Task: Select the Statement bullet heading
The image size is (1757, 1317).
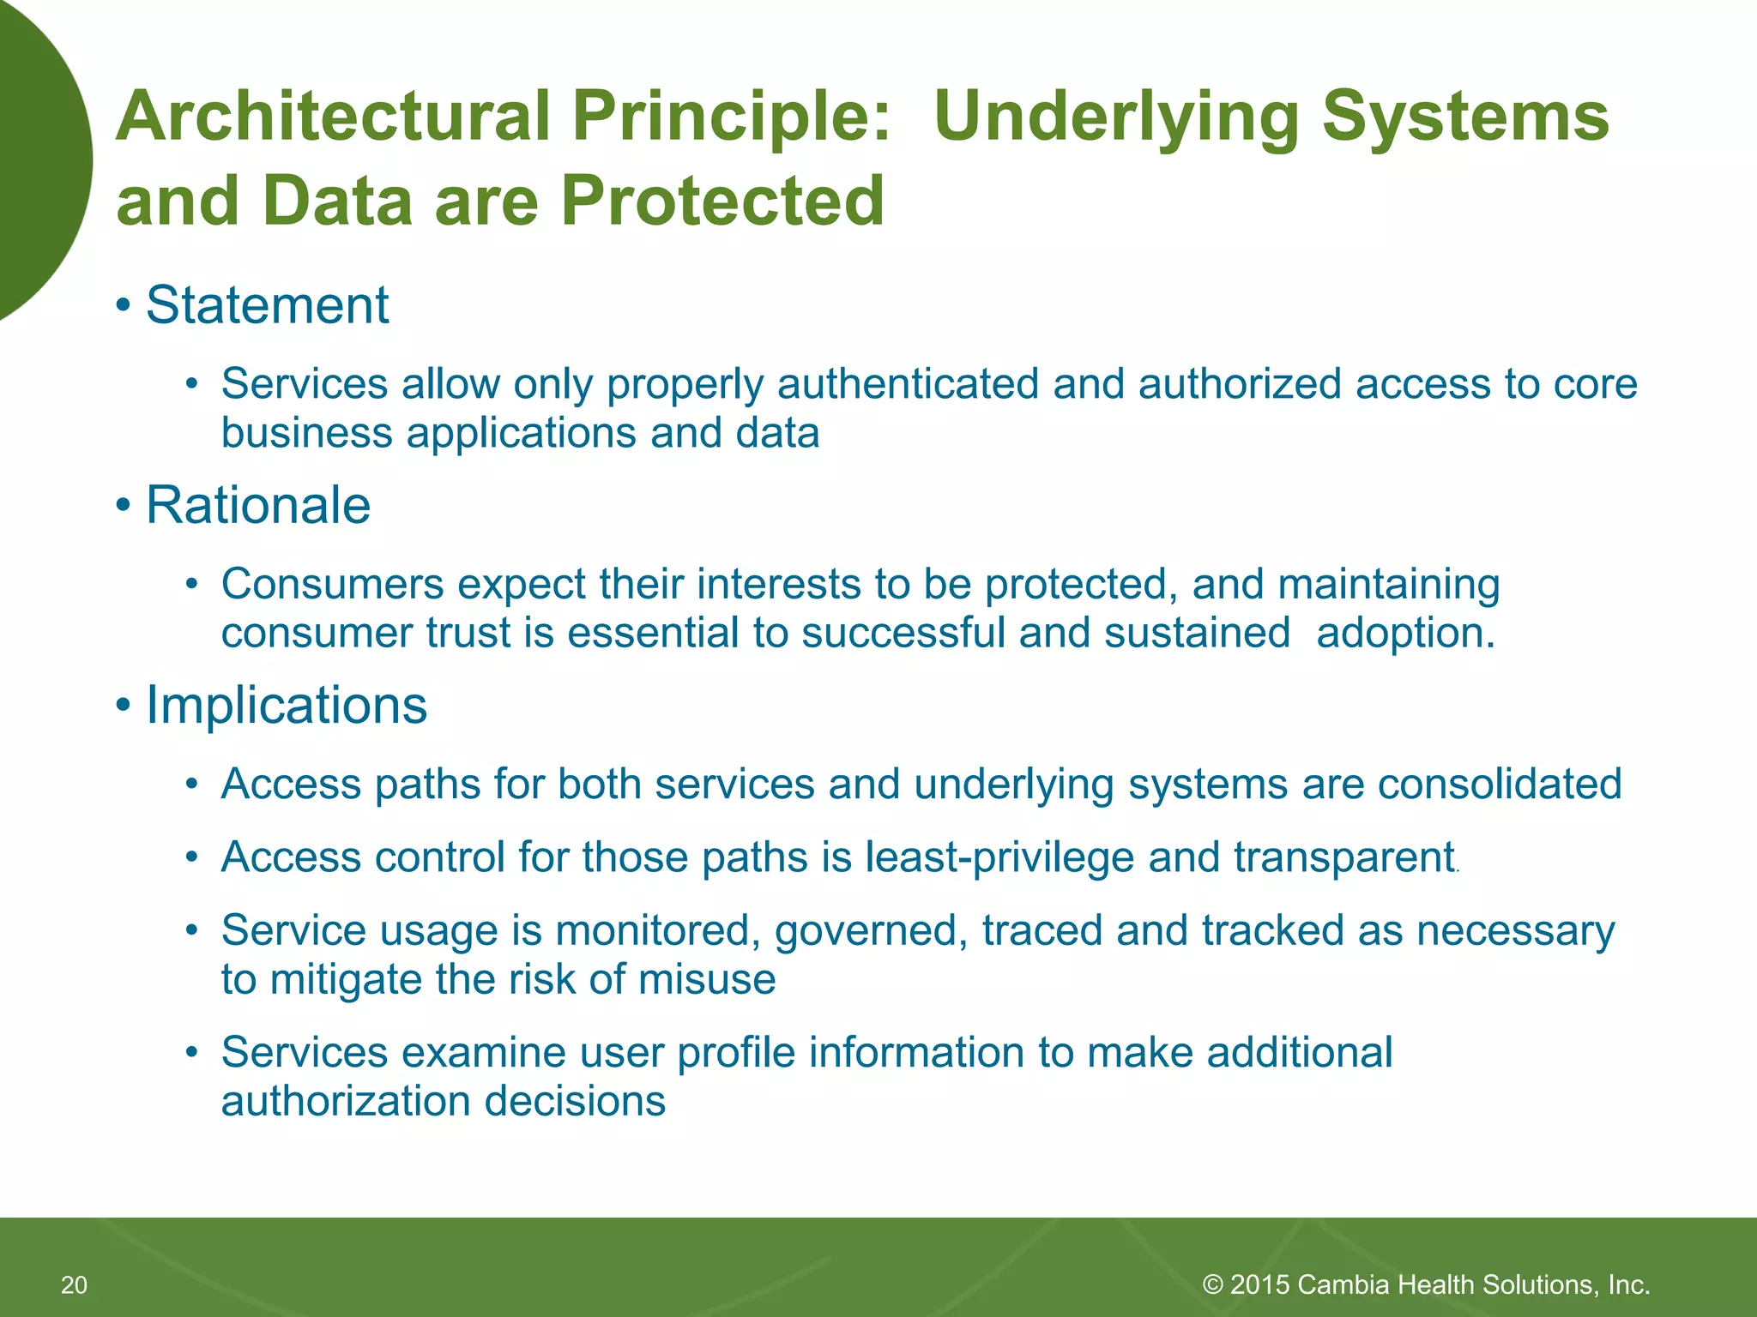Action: [x=267, y=305]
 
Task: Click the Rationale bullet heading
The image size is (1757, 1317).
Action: [x=257, y=505]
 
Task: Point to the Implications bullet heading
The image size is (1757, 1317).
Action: [x=286, y=706]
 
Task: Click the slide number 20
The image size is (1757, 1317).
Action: [x=74, y=1285]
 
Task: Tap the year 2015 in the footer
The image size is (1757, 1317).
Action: [x=1259, y=1285]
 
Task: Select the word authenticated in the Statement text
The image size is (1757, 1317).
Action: [x=908, y=384]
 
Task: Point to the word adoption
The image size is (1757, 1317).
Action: [x=1405, y=634]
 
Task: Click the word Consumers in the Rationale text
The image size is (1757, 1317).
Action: [x=332, y=585]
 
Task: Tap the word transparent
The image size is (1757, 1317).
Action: [x=1344, y=858]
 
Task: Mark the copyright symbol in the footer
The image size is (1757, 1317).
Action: [x=1212, y=1284]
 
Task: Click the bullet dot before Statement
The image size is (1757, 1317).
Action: [x=124, y=306]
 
